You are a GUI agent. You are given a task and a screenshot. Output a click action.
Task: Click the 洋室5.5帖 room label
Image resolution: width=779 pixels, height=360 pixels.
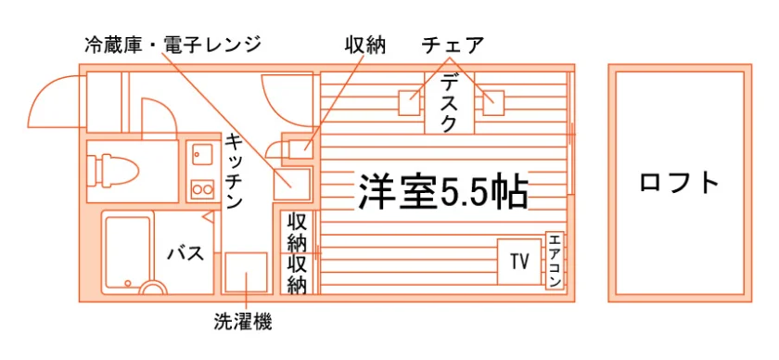coord(441,191)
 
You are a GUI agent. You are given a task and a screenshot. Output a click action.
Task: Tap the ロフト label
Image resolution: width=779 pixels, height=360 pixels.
coord(680,183)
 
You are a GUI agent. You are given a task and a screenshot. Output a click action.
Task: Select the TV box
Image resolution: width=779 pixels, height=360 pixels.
coord(519,262)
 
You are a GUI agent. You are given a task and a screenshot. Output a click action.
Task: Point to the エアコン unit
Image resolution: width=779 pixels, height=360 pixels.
coord(555,260)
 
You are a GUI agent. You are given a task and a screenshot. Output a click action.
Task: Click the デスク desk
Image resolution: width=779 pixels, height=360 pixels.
coord(449,103)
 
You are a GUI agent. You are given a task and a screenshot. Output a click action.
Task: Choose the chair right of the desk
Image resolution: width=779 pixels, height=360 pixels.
coord(493,103)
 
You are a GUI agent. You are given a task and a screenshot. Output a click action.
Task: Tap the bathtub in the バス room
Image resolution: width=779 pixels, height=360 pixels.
coord(128,253)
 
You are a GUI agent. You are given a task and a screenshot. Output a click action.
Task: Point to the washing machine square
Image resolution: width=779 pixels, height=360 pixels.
coord(247,272)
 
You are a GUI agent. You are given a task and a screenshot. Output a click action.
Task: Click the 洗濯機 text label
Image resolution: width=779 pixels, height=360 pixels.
coord(243,323)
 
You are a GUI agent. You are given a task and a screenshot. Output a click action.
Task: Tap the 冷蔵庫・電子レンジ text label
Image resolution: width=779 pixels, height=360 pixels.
coord(172,45)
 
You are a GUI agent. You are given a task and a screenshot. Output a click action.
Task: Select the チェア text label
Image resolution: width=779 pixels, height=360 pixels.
coord(453,45)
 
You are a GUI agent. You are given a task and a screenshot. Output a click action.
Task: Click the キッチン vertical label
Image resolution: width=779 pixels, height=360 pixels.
coord(233,172)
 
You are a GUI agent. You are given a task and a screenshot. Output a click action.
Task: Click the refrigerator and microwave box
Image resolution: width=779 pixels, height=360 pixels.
coord(292,184)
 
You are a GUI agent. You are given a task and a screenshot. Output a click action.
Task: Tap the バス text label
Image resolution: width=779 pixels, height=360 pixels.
coord(185,254)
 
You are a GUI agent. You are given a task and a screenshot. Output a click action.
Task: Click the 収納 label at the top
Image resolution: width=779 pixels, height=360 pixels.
coord(365,45)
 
